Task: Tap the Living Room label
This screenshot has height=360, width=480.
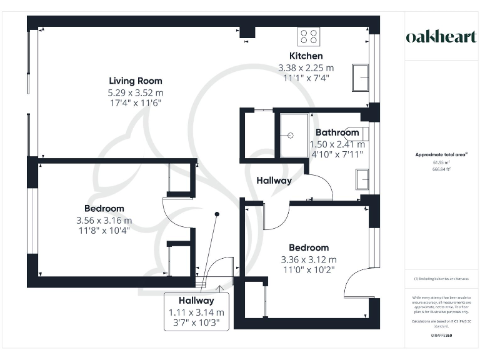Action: tap(136, 81)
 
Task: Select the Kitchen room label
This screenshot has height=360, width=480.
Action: tap(306, 56)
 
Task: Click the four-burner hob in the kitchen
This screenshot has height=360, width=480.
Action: tap(309, 36)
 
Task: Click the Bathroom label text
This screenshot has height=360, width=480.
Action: tap(337, 132)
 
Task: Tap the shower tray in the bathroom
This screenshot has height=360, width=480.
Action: tap(294, 135)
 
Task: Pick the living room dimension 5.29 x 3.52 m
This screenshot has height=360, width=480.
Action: tap(136, 92)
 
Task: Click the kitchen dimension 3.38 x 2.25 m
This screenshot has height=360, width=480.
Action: tap(306, 67)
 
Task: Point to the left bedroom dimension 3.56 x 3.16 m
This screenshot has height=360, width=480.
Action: tap(104, 220)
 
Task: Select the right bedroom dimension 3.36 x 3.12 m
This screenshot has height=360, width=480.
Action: tap(309, 259)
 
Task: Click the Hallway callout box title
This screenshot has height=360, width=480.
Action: tap(196, 301)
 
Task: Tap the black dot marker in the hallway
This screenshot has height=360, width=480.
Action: tap(217, 214)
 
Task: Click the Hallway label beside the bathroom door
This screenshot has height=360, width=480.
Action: tap(274, 181)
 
